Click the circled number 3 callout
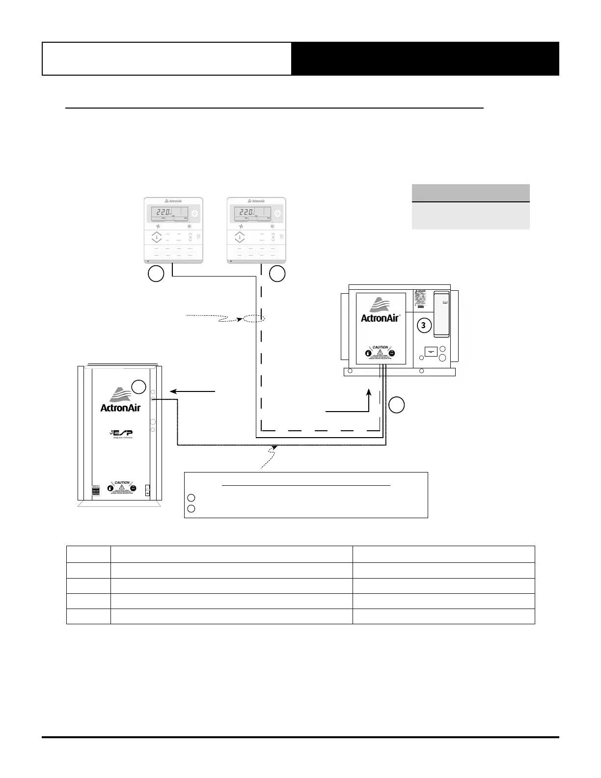click(424, 325)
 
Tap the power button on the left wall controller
click(194, 214)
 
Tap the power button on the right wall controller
click(277, 214)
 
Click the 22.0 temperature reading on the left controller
click(161, 213)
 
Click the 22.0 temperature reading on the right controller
click(244, 213)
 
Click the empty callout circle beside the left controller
click(156, 274)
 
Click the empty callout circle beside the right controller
click(277, 274)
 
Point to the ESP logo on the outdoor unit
click(121, 434)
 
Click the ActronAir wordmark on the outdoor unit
click(120, 407)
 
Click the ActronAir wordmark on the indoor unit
click(381, 318)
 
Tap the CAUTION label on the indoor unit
click(381, 347)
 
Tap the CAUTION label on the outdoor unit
click(121, 483)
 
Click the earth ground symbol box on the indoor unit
click(431, 352)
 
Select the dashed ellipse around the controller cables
click(254, 319)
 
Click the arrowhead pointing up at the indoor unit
click(369, 392)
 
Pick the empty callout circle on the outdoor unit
click(139, 387)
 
